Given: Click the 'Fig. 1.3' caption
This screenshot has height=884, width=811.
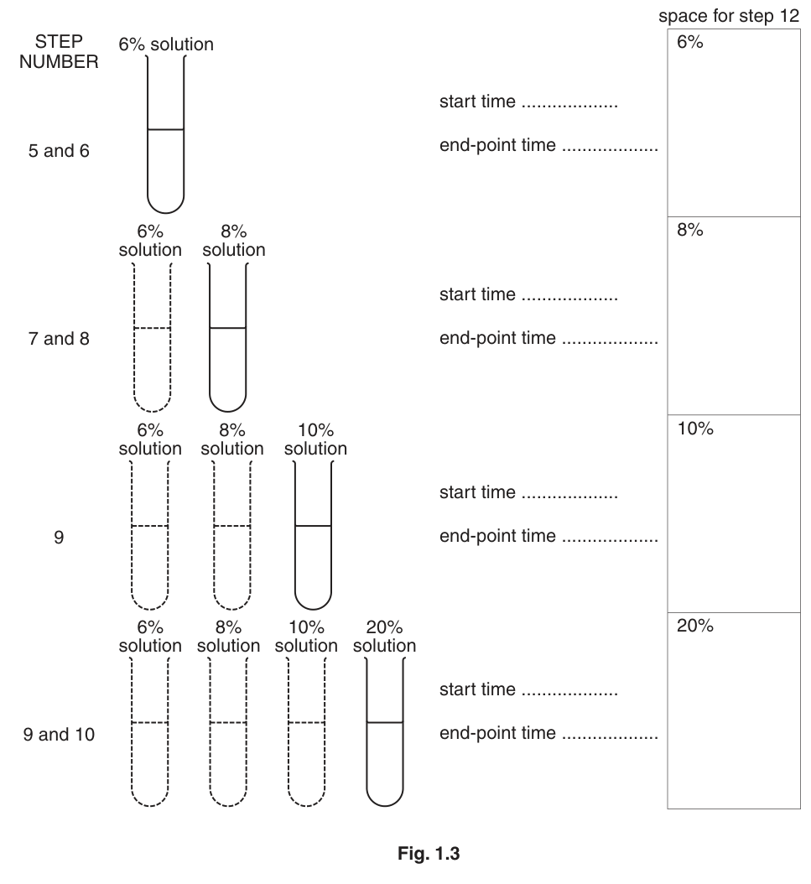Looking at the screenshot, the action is [x=429, y=853].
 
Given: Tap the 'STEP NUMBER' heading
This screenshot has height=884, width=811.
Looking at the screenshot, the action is [x=59, y=51].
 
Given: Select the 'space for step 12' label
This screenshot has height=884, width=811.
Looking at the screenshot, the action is [x=729, y=16].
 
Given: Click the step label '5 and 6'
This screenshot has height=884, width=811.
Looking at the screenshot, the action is [x=59, y=150].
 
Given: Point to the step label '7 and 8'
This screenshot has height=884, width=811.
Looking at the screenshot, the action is [x=59, y=338].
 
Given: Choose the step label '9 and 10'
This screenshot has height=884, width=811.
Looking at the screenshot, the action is [x=59, y=734].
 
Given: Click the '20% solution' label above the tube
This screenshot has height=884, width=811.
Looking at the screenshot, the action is [x=384, y=636].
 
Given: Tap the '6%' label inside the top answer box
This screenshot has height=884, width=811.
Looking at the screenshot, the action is [x=690, y=42].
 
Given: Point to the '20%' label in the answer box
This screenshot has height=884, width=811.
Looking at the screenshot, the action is [x=695, y=625].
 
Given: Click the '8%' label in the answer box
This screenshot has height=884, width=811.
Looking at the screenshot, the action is [x=690, y=230].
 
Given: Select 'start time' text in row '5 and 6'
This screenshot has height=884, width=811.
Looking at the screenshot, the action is [x=477, y=101].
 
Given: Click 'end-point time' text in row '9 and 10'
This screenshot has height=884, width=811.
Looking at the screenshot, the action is [x=497, y=733].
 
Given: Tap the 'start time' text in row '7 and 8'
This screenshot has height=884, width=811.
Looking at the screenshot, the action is [x=477, y=294].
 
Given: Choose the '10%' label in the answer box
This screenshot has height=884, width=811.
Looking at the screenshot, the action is [x=695, y=429].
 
